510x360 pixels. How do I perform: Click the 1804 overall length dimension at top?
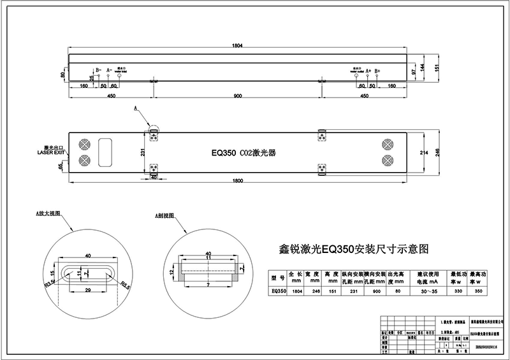(237, 46)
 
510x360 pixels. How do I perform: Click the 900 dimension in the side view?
(237, 96)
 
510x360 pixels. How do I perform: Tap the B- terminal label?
(98, 69)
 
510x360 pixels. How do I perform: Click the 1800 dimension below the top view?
(237, 182)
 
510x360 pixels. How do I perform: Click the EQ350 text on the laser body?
(224, 154)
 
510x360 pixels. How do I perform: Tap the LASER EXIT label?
(51, 154)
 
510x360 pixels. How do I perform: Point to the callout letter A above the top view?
(135, 110)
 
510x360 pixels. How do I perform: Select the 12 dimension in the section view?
(171, 271)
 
